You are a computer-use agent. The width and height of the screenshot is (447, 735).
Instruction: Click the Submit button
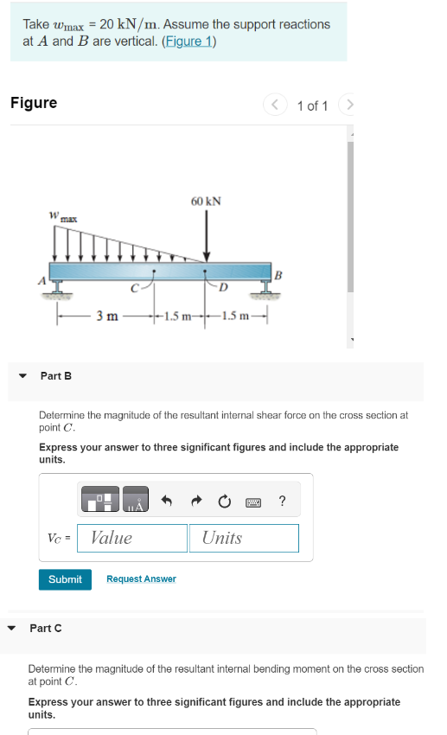click(x=65, y=578)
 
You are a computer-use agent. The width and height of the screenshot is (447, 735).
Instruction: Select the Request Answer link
click(x=141, y=578)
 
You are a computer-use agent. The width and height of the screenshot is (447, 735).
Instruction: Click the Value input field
click(x=132, y=538)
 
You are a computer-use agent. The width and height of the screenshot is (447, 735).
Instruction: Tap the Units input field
click(x=244, y=538)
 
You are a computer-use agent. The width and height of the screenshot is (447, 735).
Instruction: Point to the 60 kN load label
click(x=206, y=201)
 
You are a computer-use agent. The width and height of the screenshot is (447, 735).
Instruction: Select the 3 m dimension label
click(x=107, y=316)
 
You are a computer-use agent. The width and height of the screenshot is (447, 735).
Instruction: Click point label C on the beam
click(x=133, y=287)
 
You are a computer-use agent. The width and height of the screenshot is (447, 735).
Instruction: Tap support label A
click(x=40, y=279)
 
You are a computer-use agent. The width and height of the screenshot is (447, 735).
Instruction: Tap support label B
click(x=278, y=275)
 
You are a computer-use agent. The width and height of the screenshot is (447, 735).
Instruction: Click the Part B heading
click(x=56, y=375)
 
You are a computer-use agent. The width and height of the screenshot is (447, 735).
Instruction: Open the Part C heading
click(x=46, y=628)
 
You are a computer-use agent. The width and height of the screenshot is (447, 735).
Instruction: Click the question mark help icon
click(x=282, y=501)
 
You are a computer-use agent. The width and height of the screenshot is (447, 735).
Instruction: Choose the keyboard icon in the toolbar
click(x=253, y=501)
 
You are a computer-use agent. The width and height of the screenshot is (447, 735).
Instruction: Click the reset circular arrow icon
click(x=225, y=501)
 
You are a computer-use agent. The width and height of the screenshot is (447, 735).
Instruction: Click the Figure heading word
click(x=34, y=103)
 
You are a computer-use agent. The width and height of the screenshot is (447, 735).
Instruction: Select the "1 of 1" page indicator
click(x=312, y=105)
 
